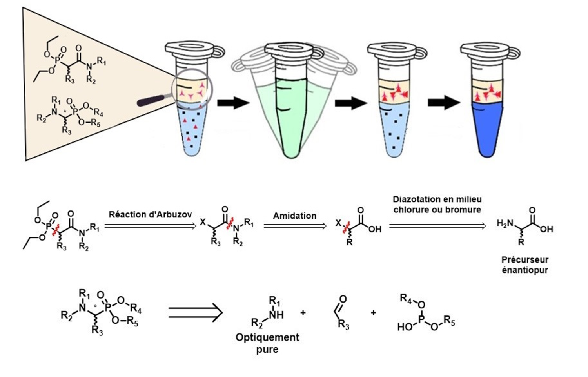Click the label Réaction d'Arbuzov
(150, 214)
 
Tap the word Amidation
(294, 216)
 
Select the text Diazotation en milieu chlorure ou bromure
(437, 204)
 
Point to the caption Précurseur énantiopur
(524, 265)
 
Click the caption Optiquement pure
(267, 343)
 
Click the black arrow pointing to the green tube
(233, 103)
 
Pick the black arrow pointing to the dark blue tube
(443, 103)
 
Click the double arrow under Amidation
(295, 226)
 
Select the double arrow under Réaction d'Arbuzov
(150, 226)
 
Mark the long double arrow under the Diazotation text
(437, 226)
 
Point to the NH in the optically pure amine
(276, 315)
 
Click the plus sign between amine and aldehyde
(303, 313)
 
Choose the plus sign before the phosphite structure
(373, 313)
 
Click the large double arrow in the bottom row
(196, 313)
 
